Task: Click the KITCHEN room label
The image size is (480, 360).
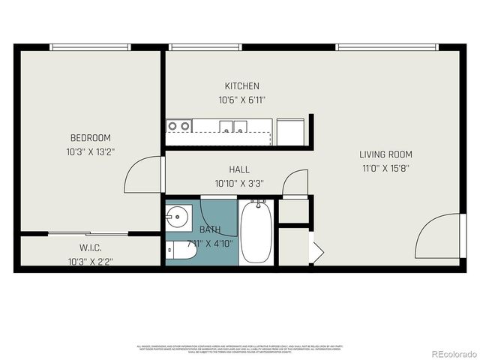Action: (241, 86)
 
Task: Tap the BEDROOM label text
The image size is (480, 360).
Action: (90, 138)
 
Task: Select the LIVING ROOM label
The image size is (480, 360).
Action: (386, 154)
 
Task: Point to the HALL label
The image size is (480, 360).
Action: (240, 169)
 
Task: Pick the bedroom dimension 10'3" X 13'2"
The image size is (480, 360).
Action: (90, 151)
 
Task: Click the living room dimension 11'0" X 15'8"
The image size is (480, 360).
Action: (386, 169)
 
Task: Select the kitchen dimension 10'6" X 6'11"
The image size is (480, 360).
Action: (241, 100)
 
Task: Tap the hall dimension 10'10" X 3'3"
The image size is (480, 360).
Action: (240, 183)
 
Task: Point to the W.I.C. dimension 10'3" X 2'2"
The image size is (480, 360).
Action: (90, 262)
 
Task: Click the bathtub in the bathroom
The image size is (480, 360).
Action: (257, 231)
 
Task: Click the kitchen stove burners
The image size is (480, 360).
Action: (178, 126)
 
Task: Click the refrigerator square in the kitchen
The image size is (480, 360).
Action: (290, 132)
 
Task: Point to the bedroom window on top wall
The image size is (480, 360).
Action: (91, 47)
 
